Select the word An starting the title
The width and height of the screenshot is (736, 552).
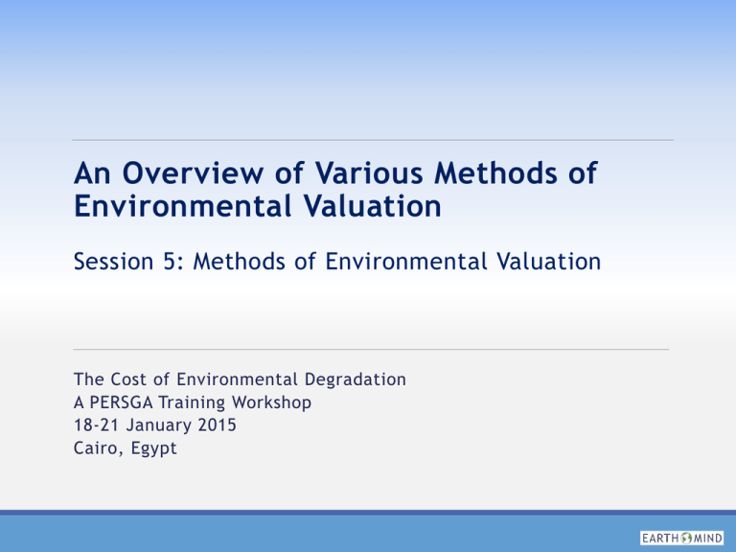pos(87,175)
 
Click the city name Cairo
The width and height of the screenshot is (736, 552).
pos(95,448)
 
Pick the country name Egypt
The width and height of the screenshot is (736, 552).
pos(151,449)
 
